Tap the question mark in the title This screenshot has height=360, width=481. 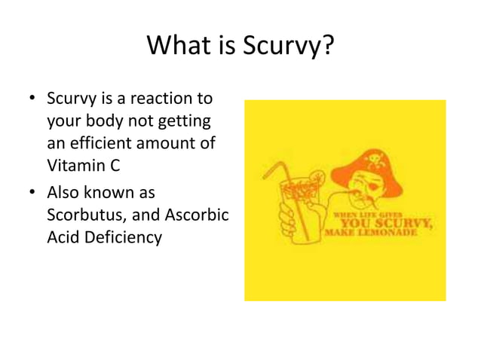coord(326,47)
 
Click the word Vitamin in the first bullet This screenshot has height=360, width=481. coord(72,165)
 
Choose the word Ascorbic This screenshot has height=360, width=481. coord(195,215)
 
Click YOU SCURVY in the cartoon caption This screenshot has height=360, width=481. coord(384,223)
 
